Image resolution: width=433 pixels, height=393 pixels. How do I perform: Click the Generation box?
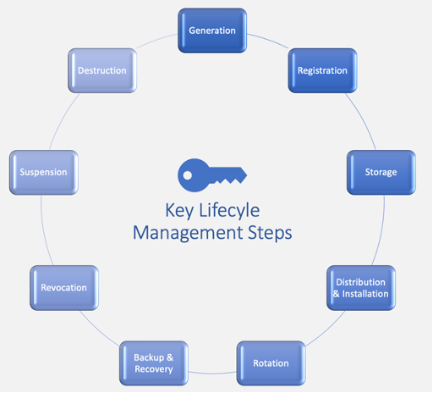212,30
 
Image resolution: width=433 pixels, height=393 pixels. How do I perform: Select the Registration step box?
322,70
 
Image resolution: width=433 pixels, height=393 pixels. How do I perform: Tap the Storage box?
381,172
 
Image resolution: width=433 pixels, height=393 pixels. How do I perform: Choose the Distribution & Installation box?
361,288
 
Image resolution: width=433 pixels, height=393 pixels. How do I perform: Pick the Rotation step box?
271,363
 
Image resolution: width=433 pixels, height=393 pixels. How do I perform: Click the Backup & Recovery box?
154,363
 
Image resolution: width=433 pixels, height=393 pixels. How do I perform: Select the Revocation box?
64,288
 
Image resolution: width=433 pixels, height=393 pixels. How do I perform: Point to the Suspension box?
44,172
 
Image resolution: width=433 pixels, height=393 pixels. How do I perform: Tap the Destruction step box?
102,70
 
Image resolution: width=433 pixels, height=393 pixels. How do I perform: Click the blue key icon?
212,175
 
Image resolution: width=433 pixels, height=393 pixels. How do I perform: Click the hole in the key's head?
188,175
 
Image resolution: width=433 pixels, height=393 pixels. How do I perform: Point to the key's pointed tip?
247,175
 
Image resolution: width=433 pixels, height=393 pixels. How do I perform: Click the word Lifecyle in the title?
229,211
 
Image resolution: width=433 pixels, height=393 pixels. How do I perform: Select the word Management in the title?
188,233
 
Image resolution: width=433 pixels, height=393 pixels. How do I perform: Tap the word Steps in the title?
270,233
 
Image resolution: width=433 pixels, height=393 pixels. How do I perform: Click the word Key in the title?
179,211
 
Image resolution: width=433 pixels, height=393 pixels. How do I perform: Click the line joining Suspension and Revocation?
45,230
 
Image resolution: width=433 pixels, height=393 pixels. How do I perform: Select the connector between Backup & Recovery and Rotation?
212,374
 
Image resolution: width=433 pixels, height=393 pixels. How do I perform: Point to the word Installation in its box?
365,294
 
